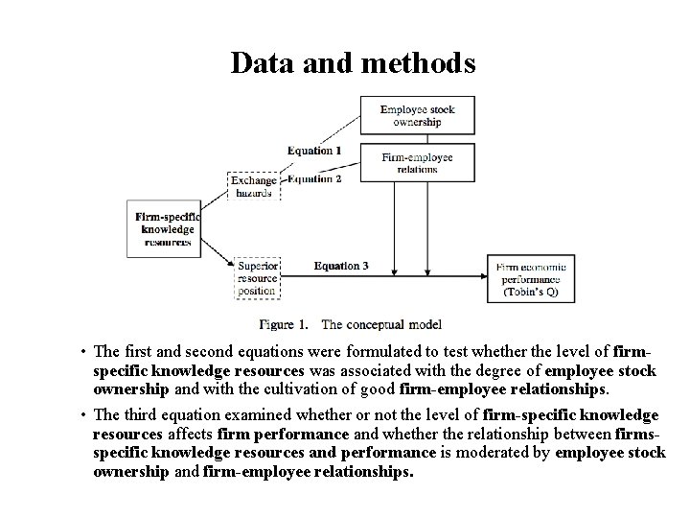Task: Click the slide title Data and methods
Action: pyautogui.click(x=353, y=62)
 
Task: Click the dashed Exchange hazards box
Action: pyautogui.click(x=255, y=186)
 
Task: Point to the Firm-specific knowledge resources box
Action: pyautogui.click(x=164, y=228)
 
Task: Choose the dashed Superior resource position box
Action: pyautogui.click(x=257, y=276)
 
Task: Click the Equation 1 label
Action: pyautogui.click(x=314, y=151)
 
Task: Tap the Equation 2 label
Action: pyautogui.click(x=314, y=178)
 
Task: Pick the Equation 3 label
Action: pyautogui.click(x=341, y=266)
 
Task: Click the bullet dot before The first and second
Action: pyautogui.click(x=84, y=352)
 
